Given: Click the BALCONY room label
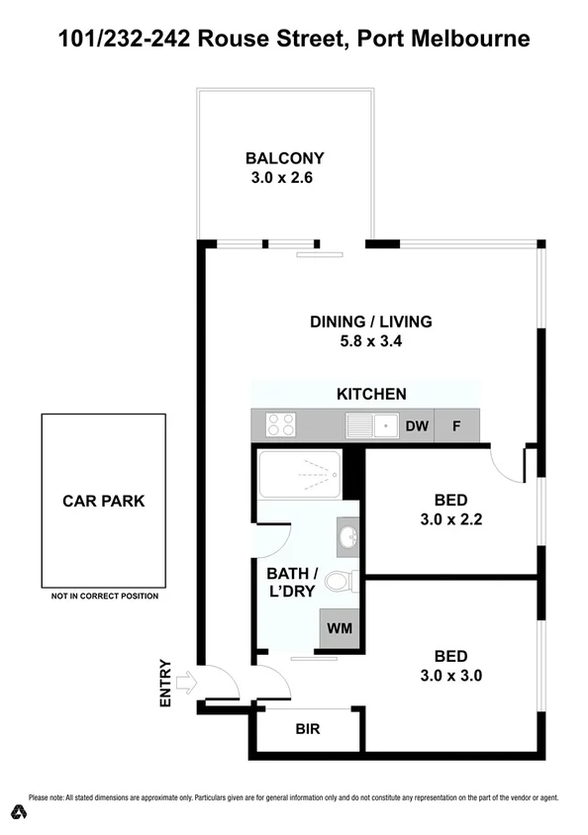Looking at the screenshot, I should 285,158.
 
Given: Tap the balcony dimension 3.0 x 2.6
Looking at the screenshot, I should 285,179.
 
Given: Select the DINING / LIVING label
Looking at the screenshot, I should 371,322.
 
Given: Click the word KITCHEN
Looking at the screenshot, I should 371,394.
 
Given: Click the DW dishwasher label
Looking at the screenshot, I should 417,426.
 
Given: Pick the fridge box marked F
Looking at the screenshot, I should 456,426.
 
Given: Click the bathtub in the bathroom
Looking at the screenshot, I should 300,475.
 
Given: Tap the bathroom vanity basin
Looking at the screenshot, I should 347,537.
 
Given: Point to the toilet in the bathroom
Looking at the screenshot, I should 340,581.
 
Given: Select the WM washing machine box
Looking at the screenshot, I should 339,628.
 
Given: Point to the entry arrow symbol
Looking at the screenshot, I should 184,682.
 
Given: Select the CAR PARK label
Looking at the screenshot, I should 104,501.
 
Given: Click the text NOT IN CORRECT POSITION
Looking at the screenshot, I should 104,597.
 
